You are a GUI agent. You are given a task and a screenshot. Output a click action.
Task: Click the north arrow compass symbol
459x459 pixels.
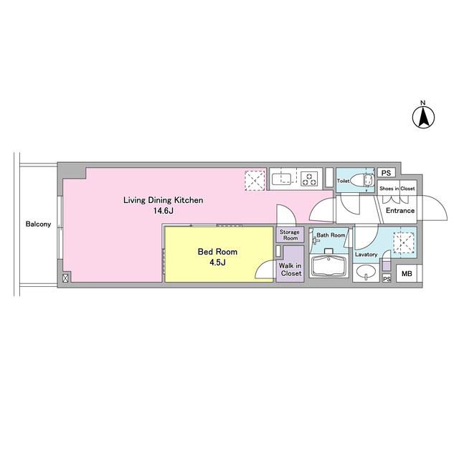coord(423,117)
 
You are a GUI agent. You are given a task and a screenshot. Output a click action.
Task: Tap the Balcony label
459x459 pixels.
coord(38,224)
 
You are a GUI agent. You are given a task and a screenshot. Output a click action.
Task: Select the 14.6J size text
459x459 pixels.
coord(164,211)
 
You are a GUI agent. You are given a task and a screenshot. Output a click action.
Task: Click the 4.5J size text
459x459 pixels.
coord(217,262)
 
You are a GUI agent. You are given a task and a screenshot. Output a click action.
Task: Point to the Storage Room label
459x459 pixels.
coord(290,235)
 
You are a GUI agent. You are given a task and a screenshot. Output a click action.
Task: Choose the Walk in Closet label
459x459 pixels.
coord(290,270)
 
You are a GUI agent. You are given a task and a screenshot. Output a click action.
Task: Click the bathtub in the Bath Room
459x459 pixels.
coord(329,266)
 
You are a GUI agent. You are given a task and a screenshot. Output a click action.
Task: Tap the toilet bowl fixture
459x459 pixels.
coord(361,181)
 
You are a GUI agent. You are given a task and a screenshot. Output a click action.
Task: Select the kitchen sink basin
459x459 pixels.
coord(281,179)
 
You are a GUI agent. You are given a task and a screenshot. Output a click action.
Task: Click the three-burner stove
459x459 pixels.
coord(310,179)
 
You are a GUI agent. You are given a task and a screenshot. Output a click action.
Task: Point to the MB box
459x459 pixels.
coord(407,274)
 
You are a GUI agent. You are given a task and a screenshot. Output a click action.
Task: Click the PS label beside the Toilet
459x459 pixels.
coord(386,173)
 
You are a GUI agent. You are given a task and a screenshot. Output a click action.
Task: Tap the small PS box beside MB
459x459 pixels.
coord(387,279)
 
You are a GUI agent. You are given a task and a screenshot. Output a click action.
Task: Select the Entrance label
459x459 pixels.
coord(400,210)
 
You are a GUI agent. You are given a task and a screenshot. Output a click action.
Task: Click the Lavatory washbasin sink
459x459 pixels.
coord(366,271)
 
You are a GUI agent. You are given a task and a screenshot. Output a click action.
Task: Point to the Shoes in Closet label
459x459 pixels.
coord(397,189)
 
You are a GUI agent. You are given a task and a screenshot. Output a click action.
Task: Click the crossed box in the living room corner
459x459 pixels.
coord(65,278)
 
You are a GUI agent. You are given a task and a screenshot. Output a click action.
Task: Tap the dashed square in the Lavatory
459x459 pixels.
coord(404,242)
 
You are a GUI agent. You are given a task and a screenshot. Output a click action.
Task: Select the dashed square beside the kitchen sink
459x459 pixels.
coord(255,181)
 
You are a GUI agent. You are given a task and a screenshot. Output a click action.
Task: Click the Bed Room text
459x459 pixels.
coord(217,252)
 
